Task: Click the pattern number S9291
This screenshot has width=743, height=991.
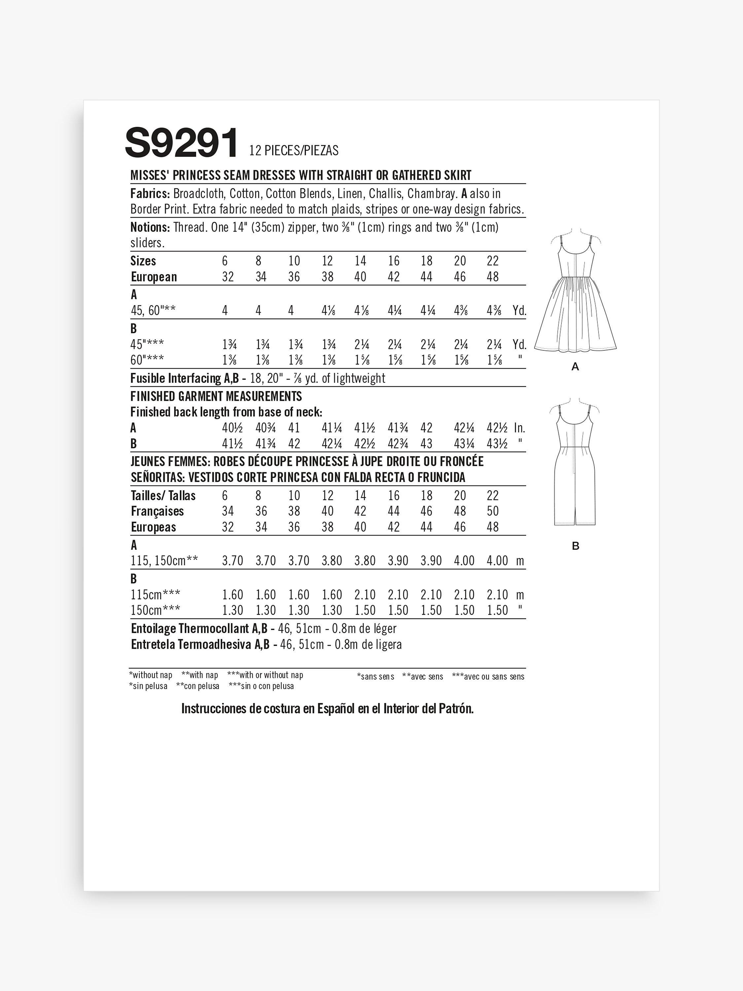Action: click(181, 143)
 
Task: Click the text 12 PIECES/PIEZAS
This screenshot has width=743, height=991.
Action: click(294, 151)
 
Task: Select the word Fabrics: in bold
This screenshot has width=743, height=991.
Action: click(150, 194)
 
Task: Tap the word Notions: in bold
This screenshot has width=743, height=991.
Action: click(150, 227)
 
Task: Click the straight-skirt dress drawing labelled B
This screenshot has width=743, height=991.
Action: click(575, 461)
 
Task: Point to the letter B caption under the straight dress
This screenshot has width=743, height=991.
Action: click(576, 546)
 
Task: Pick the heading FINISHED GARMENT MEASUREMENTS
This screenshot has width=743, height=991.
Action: click(216, 396)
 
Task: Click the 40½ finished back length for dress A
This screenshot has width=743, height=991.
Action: click(232, 428)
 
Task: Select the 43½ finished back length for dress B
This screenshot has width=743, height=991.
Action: click(497, 444)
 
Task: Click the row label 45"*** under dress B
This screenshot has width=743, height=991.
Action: click(147, 345)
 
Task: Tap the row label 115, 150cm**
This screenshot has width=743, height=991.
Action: click(164, 561)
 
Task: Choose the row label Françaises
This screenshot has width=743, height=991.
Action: click(157, 511)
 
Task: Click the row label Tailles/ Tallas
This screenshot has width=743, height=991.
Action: click(163, 495)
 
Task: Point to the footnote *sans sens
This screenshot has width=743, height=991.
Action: click(375, 677)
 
